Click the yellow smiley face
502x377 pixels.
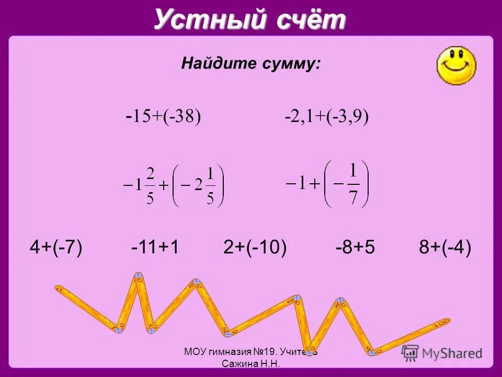[456, 64]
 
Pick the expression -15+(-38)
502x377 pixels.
[163, 116]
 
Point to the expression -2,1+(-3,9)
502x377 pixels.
[327, 116]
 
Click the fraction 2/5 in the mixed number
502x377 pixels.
[150, 186]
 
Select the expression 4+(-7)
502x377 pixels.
[56, 247]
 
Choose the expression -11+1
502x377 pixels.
[155, 247]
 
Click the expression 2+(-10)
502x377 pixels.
[255, 247]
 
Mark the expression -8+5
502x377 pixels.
[355, 247]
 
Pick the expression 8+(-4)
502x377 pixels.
[445, 247]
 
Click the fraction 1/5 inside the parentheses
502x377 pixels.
[210, 186]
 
